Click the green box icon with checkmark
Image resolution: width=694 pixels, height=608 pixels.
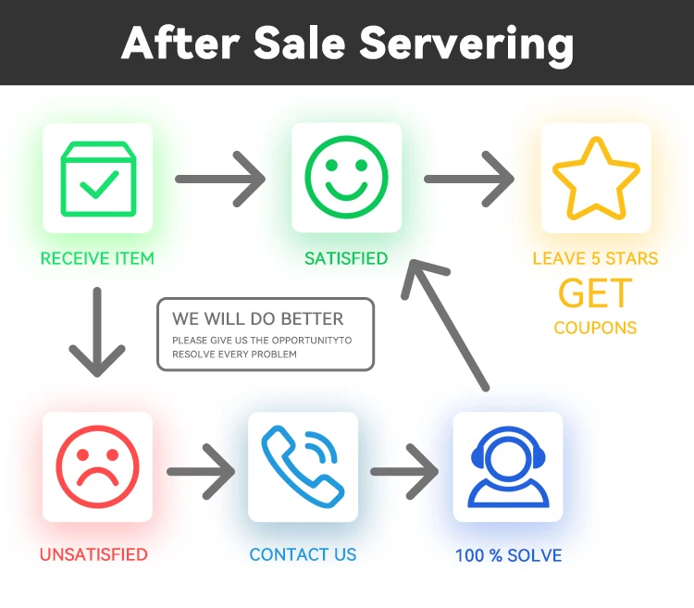point(97,178)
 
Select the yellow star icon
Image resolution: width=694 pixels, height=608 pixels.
point(595,178)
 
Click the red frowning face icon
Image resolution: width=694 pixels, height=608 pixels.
point(97,467)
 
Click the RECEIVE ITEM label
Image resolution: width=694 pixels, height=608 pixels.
point(97,258)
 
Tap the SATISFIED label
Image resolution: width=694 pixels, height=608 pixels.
point(346,258)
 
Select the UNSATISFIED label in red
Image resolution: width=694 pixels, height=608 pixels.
point(93,555)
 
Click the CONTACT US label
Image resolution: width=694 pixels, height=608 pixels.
point(303,555)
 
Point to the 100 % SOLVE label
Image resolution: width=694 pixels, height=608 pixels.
point(508,556)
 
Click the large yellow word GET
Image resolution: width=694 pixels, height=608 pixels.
point(595,294)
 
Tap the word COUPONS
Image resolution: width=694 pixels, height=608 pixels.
point(595,328)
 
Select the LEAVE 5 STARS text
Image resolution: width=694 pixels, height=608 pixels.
point(595,258)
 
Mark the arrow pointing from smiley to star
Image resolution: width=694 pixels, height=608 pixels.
point(469,179)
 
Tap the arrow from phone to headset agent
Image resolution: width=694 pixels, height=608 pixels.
point(404,471)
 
